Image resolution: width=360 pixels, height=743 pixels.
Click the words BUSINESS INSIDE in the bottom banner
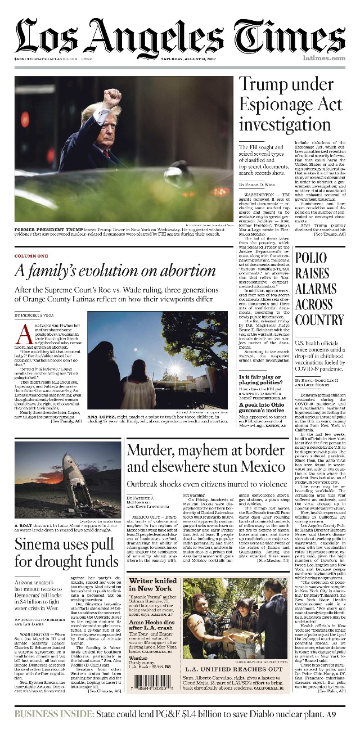pos(53,714)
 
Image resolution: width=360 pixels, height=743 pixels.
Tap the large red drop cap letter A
pos(23,335)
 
